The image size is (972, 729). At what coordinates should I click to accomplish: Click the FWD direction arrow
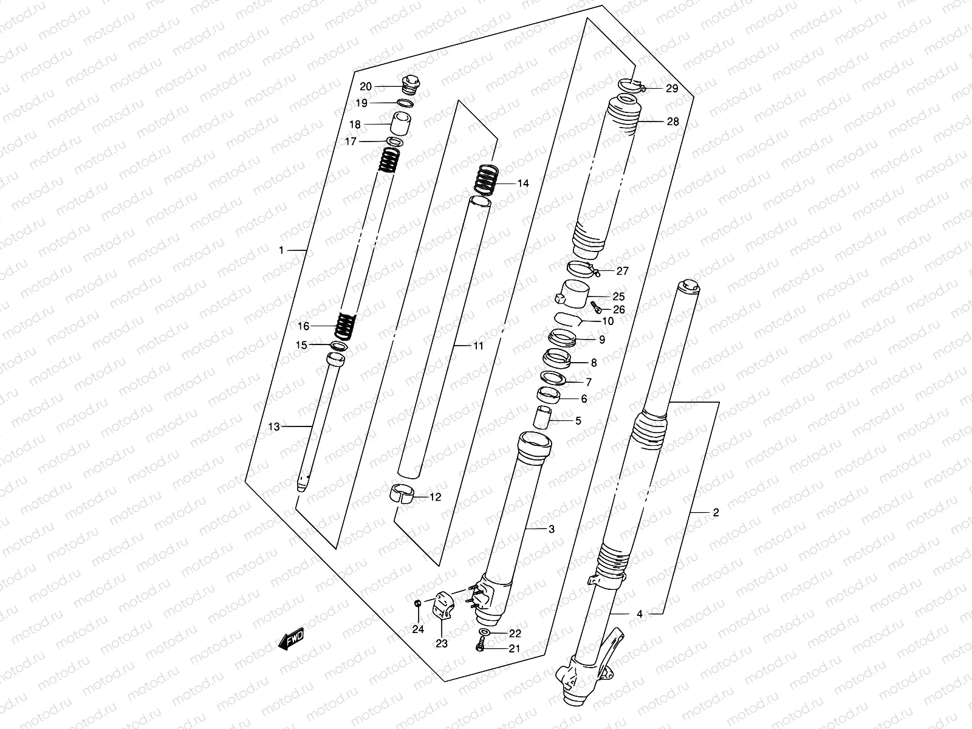291,639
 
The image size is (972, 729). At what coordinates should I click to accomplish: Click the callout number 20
365,86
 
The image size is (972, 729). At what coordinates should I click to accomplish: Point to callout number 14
523,183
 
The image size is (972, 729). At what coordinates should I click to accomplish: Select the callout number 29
671,89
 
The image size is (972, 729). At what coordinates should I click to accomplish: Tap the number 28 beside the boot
673,122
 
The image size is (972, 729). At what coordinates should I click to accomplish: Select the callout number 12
436,497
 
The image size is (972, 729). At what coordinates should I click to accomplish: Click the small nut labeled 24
416,603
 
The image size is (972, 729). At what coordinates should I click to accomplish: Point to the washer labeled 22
482,633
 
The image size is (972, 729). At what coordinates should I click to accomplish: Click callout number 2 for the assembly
716,513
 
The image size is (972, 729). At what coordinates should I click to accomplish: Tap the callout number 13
274,427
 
